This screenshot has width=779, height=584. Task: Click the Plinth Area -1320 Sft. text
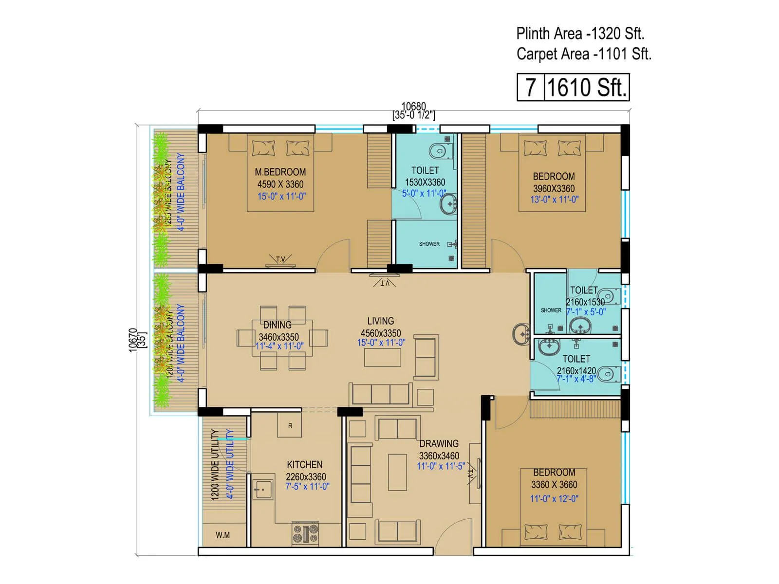580,34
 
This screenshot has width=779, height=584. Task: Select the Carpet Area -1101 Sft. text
583,54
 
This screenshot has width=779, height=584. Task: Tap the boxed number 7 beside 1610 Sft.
530,88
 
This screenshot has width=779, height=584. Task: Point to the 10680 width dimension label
413,106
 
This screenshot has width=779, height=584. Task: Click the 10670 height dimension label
133,339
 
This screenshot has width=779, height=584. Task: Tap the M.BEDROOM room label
280,172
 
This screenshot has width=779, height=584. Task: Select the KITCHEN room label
304,464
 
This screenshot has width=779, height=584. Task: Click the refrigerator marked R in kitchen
290,425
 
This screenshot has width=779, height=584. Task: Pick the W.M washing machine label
223,535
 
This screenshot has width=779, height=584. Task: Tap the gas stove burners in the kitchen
305,533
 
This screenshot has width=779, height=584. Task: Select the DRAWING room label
439,443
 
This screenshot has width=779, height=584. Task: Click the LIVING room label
380,321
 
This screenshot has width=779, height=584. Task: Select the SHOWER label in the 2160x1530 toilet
551,310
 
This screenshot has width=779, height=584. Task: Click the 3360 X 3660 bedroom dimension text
554,485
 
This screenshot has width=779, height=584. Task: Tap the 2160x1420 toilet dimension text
576,370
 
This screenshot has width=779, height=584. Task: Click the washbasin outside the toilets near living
521,334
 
